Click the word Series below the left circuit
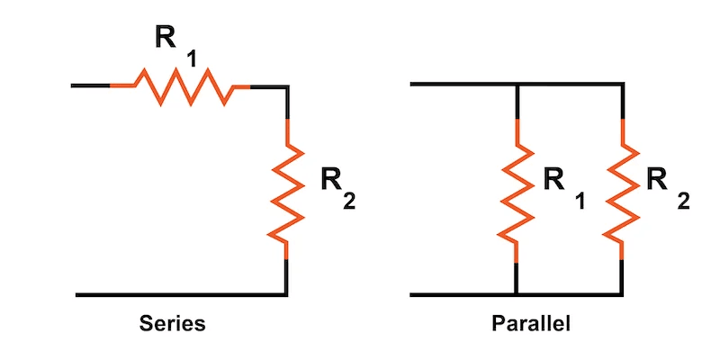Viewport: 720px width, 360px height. click(172, 323)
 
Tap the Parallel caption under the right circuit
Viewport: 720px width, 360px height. click(531, 323)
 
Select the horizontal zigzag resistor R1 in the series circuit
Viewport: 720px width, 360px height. click(180, 85)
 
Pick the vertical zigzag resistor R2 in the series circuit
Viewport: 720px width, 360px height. click(286, 189)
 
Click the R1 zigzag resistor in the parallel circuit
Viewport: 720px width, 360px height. click(516, 189)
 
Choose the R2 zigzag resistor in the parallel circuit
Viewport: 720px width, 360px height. click(622, 189)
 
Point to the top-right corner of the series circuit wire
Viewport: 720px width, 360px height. click(286, 85)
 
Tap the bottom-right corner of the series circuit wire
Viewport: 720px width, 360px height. click(286, 294)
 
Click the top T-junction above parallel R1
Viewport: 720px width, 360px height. click(516, 85)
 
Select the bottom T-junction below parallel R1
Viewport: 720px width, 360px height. click(516, 294)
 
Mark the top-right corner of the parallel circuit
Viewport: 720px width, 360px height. click(622, 85)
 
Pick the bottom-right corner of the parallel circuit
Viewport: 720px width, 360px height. click(622, 294)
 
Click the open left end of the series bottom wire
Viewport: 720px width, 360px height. click(78, 294)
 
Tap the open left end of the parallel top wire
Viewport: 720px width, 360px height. click(412, 85)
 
